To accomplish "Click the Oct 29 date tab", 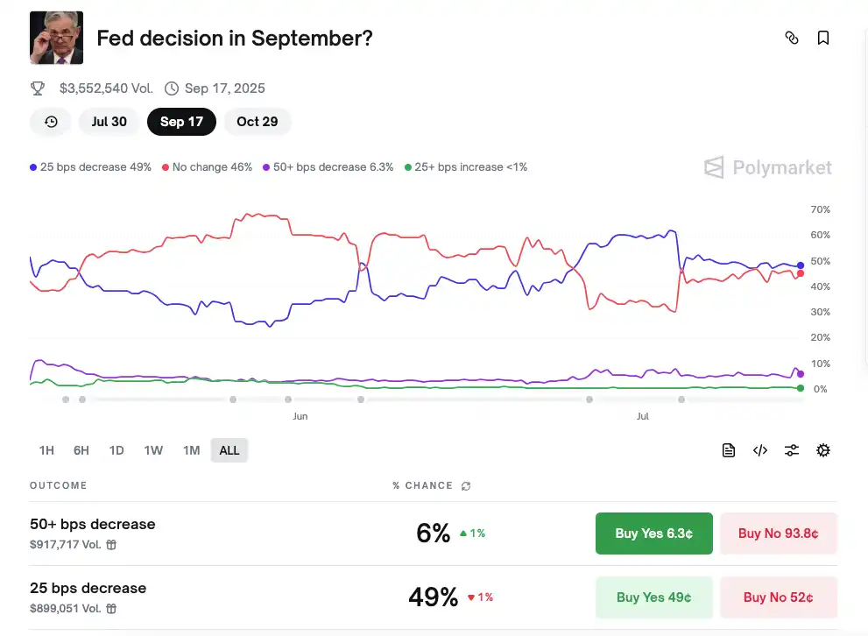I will pos(257,122).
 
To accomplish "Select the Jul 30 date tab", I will pos(109,122).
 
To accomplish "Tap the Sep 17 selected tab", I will pos(181,122).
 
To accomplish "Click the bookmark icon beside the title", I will pos(823,38).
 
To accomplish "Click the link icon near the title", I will pos(792,38).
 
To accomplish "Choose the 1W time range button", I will pos(153,450).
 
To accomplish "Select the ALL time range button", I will pos(229,450).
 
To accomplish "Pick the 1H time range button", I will pos(46,450).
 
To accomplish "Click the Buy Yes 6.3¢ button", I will pos(653,534).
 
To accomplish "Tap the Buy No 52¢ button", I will pos(778,597).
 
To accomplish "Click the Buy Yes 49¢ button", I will pos(653,597).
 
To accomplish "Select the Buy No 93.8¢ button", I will pos(778,534).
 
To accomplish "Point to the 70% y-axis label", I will pos(820,210).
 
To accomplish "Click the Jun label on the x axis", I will pos(300,417).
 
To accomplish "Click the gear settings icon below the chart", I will pos(823,450).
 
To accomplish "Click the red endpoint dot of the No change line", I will pos(800,273).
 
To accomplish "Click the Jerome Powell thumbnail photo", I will pos(56,38).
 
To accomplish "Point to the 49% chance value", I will pos(433,597).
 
